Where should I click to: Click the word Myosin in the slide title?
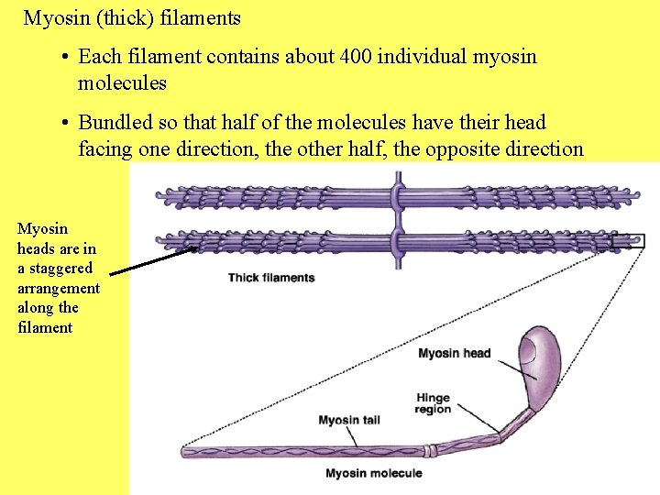(55, 17)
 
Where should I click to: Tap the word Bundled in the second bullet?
(115, 123)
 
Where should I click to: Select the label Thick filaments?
(271, 278)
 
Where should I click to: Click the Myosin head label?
(454, 353)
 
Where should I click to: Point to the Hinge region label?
(433, 403)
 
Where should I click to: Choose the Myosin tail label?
(349, 421)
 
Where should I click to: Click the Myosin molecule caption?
(374, 473)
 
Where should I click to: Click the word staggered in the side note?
(60, 268)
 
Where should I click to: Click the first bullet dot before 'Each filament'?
(67, 58)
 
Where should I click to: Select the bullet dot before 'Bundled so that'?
(67, 124)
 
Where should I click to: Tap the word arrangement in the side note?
(59, 288)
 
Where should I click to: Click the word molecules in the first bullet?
(122, 83)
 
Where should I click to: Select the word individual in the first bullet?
(427, 57)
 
